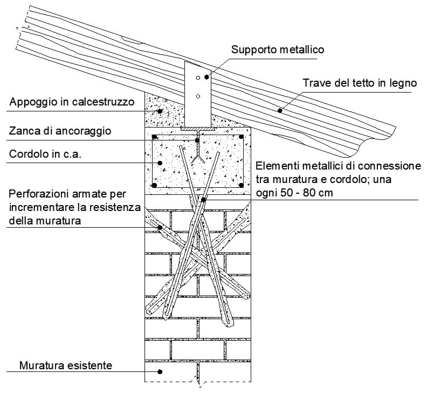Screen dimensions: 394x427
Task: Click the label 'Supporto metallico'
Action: click(277, 50)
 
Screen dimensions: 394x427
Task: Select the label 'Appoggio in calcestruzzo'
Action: click(71, 102)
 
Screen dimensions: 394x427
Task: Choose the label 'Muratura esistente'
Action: click(65, 365)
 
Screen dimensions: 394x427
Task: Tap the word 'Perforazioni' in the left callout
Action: click(38, 193)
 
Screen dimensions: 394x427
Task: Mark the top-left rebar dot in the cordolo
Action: click(155, 137)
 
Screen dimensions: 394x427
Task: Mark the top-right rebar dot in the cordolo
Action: click(241, 137)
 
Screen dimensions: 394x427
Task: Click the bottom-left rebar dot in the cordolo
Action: click(155, 185)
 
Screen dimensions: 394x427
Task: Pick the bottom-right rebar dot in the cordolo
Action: click(241, 185)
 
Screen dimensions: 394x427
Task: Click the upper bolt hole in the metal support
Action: click(198, 78)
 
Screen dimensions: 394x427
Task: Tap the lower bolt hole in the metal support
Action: click(198, 97)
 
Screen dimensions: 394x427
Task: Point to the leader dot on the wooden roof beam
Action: click(280, 110)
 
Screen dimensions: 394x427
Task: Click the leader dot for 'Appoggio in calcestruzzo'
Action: click(160, 111)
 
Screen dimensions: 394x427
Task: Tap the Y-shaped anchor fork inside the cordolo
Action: click(198, 159)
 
